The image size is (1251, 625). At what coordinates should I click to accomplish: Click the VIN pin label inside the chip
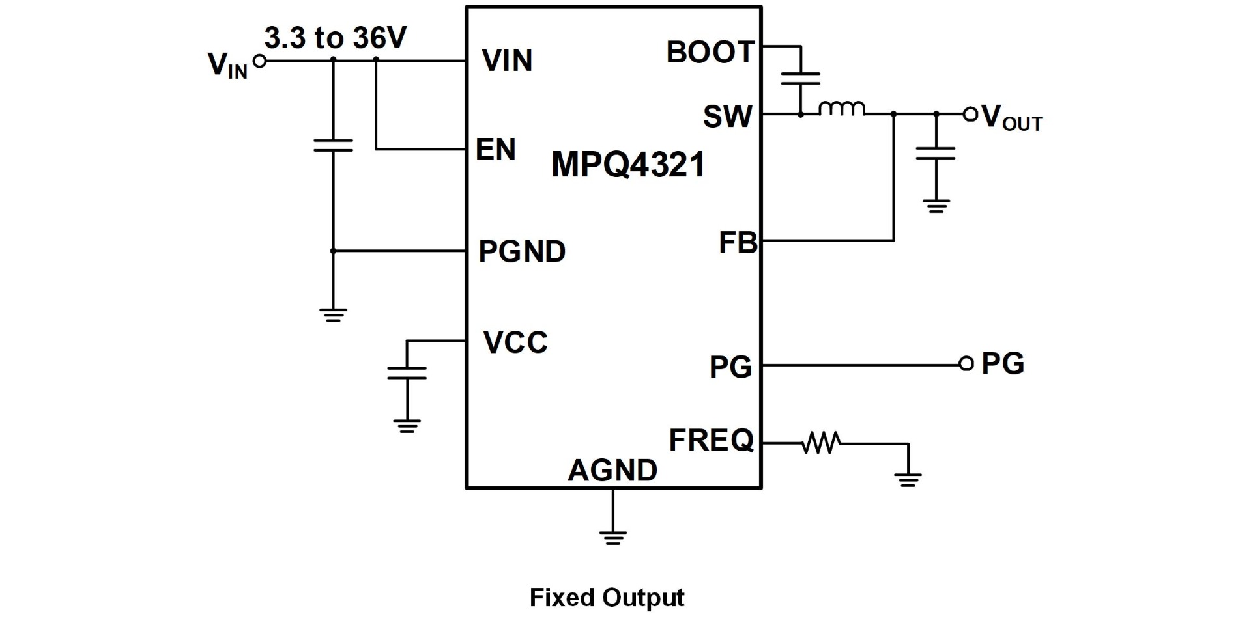(x=507, y=61)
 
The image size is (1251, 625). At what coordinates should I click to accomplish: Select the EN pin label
(x=495, y=150)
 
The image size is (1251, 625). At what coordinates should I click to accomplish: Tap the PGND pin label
(x=522, y=252)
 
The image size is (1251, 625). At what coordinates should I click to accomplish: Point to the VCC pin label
(x=515, y=342)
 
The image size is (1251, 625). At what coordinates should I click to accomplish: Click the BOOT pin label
(x=710, y=53)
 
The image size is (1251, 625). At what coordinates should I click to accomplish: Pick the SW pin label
(x=727, y=117)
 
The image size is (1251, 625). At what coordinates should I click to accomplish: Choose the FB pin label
(x=738, y=243)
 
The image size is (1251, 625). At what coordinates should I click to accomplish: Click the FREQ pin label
(x=711, y=441)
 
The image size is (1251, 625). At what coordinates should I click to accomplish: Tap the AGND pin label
(x=612, y=470)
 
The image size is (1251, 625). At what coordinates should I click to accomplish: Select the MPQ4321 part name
(x=628, y=165)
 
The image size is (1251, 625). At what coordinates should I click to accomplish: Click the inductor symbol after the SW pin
(x=842, y=109)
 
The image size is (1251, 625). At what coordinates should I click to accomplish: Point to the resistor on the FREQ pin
(x=822, y=443)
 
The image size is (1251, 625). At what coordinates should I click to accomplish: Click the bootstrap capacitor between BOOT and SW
(x=800, y=79)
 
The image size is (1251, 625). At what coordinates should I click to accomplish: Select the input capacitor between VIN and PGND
(x=333, y=145)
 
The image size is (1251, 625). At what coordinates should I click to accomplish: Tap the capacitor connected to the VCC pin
(x=407, y=373)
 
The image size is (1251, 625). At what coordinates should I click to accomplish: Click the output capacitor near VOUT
(x=936, y=153)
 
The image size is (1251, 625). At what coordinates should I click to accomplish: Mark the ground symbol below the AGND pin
(x=612, y=537)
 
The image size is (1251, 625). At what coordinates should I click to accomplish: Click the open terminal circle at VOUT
(x=970, y=115)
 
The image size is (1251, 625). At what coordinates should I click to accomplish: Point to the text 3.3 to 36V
(x=335, y=39)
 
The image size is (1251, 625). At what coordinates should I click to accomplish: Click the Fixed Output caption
(x=607, y=598)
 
